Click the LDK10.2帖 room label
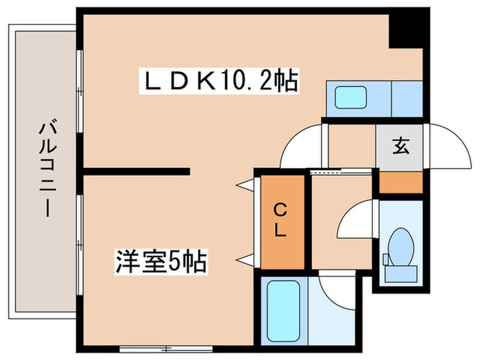pyautogui.click(x=219, y=81)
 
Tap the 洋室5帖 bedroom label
pyautogui.click(x=160, y=262)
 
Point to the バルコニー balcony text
pyautogui.click(x=48, y=169)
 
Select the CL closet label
pyautogui.click(x=280, y=221)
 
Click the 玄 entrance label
pyautogui.click(x=400, y=145)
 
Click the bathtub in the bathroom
pyautogui.click(x=283, y=311)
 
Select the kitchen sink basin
pyautogui.click(x=351, y=97)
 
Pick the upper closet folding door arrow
pyautogui.click(x=244, y=185)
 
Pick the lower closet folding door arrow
pyautogui.click(x=244, y=260)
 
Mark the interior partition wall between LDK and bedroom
pyautogui.click(x=136, y=171)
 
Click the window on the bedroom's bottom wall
pyautogui.click(x=166, y=348)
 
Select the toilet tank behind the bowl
pyautogui.click(x=400, y=274)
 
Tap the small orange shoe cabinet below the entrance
pyautogui.click(x=401, y=182)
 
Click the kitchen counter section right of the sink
pyautogui.click(x=407, y=99)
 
